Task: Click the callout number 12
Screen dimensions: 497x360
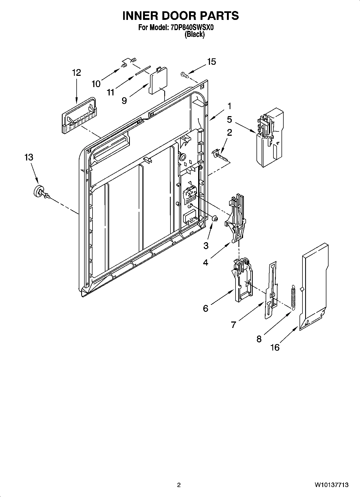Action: (76, 73)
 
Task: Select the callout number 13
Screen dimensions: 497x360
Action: (28, 157)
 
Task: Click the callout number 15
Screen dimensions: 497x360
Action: (212, 62)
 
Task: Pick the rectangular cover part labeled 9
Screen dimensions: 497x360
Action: (159, 80)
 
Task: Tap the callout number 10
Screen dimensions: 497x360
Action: (96, 84)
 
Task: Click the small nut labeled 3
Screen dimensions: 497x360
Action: (215, 219)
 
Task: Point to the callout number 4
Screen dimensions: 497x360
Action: (205, 262)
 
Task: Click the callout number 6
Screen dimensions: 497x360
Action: (205, 308)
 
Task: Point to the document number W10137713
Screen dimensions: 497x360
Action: (332, 485)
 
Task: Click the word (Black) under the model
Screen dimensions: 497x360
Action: (194, 34)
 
